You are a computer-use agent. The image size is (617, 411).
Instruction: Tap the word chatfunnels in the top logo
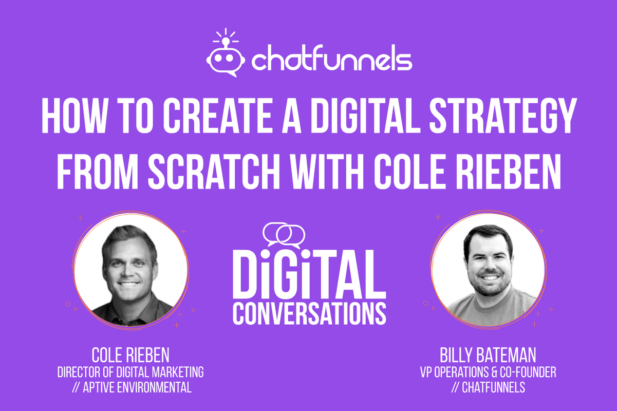pos(331,60)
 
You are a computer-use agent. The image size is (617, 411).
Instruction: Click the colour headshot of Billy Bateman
pos(488,272)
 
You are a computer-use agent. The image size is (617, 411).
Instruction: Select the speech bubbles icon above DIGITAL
pos(284,234)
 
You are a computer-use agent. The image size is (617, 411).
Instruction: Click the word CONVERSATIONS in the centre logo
pos(309,312)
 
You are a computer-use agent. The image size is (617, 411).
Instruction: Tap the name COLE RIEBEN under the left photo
pos(130,356)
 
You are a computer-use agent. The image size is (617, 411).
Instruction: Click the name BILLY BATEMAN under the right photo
pos(488,356)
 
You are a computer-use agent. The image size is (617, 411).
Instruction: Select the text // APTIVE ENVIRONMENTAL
pos(130,387)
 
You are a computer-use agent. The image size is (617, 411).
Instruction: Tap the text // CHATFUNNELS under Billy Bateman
pos(488,387)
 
